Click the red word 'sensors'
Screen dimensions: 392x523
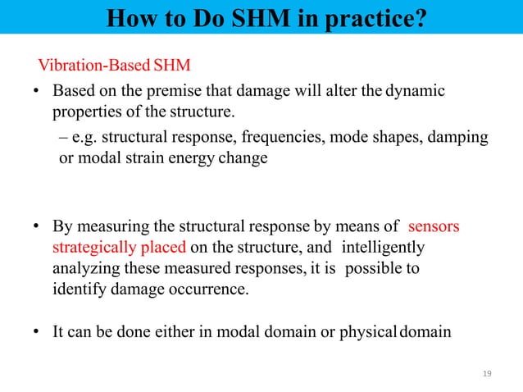(434, 226)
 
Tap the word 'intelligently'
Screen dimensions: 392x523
(382, 247)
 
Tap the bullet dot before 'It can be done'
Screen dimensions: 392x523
(37, 333)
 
